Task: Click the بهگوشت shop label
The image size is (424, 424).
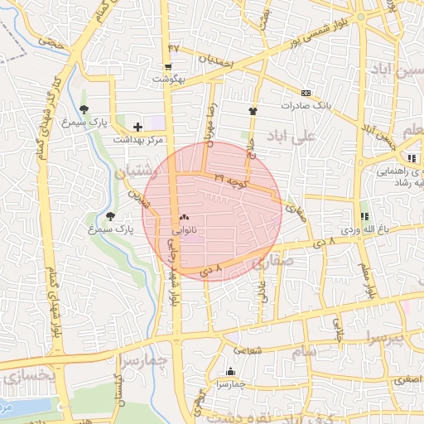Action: pyautogui.click(x=169, y=79)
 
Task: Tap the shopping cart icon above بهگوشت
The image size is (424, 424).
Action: pyautogui.click(x=169, y=67)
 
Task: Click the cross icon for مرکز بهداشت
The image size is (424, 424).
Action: pyautogui.click(x=137, y=126)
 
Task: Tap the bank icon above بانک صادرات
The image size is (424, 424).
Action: pyautogui.click(x=306, y=93)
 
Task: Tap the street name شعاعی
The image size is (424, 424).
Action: pyautogui.click(x=253, y=350)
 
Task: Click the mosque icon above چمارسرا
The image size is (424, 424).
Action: pyautogui.click(x=230, y=371)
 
